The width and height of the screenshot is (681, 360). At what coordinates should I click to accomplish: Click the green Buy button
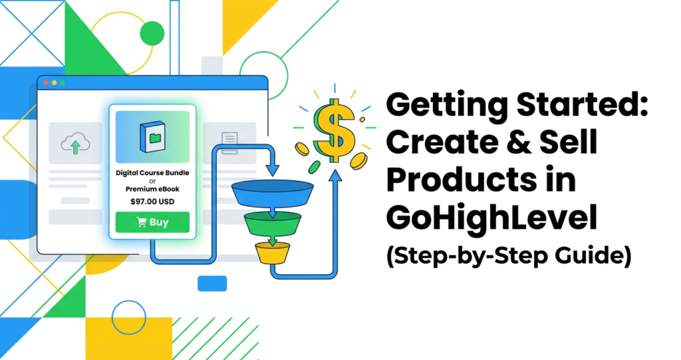152,222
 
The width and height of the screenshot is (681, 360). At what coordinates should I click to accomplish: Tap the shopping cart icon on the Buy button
141,222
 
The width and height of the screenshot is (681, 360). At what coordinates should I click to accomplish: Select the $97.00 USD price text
152,200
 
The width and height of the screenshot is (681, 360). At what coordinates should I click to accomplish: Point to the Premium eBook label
152,189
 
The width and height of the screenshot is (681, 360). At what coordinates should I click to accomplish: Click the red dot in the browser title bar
45,83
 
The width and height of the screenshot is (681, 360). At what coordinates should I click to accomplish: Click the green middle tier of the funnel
272,223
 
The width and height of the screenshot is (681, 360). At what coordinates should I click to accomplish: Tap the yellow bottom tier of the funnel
273,252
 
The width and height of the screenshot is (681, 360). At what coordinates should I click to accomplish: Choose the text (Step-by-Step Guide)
507,255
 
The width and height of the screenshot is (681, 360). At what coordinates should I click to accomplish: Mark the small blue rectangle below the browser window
212,283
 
